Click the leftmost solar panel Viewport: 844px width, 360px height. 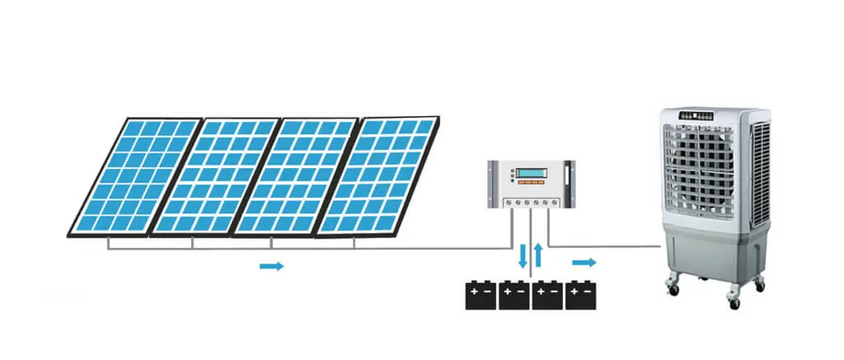[x=136, y=175]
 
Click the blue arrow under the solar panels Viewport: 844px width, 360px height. [x=271, y=266]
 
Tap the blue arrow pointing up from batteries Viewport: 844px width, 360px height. [x=538, y=255]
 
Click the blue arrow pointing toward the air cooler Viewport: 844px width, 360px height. [x=584, y=262]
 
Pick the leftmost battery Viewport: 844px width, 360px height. [x=481, y=296]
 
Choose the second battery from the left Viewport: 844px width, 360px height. [x=513, y=296]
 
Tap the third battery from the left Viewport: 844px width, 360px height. [x=547, y=296]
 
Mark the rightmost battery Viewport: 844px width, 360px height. [x=580, y=296]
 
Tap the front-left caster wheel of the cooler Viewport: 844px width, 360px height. [x=674, y=289]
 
